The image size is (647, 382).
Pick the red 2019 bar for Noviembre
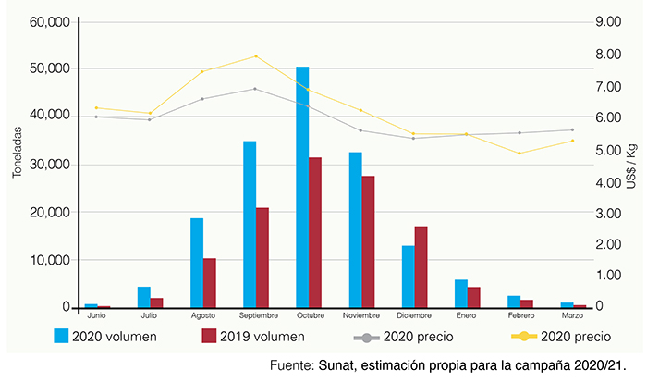tap(368, 241)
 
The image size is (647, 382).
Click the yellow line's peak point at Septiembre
tap(255, 56)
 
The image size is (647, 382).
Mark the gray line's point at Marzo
tap(572, 129)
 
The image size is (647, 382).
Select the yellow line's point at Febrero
tap(519, 154)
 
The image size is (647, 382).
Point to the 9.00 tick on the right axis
tap(613, 21)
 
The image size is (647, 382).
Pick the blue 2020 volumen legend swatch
tap(62, 336)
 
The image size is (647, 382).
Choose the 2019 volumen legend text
tap(262, 336)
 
